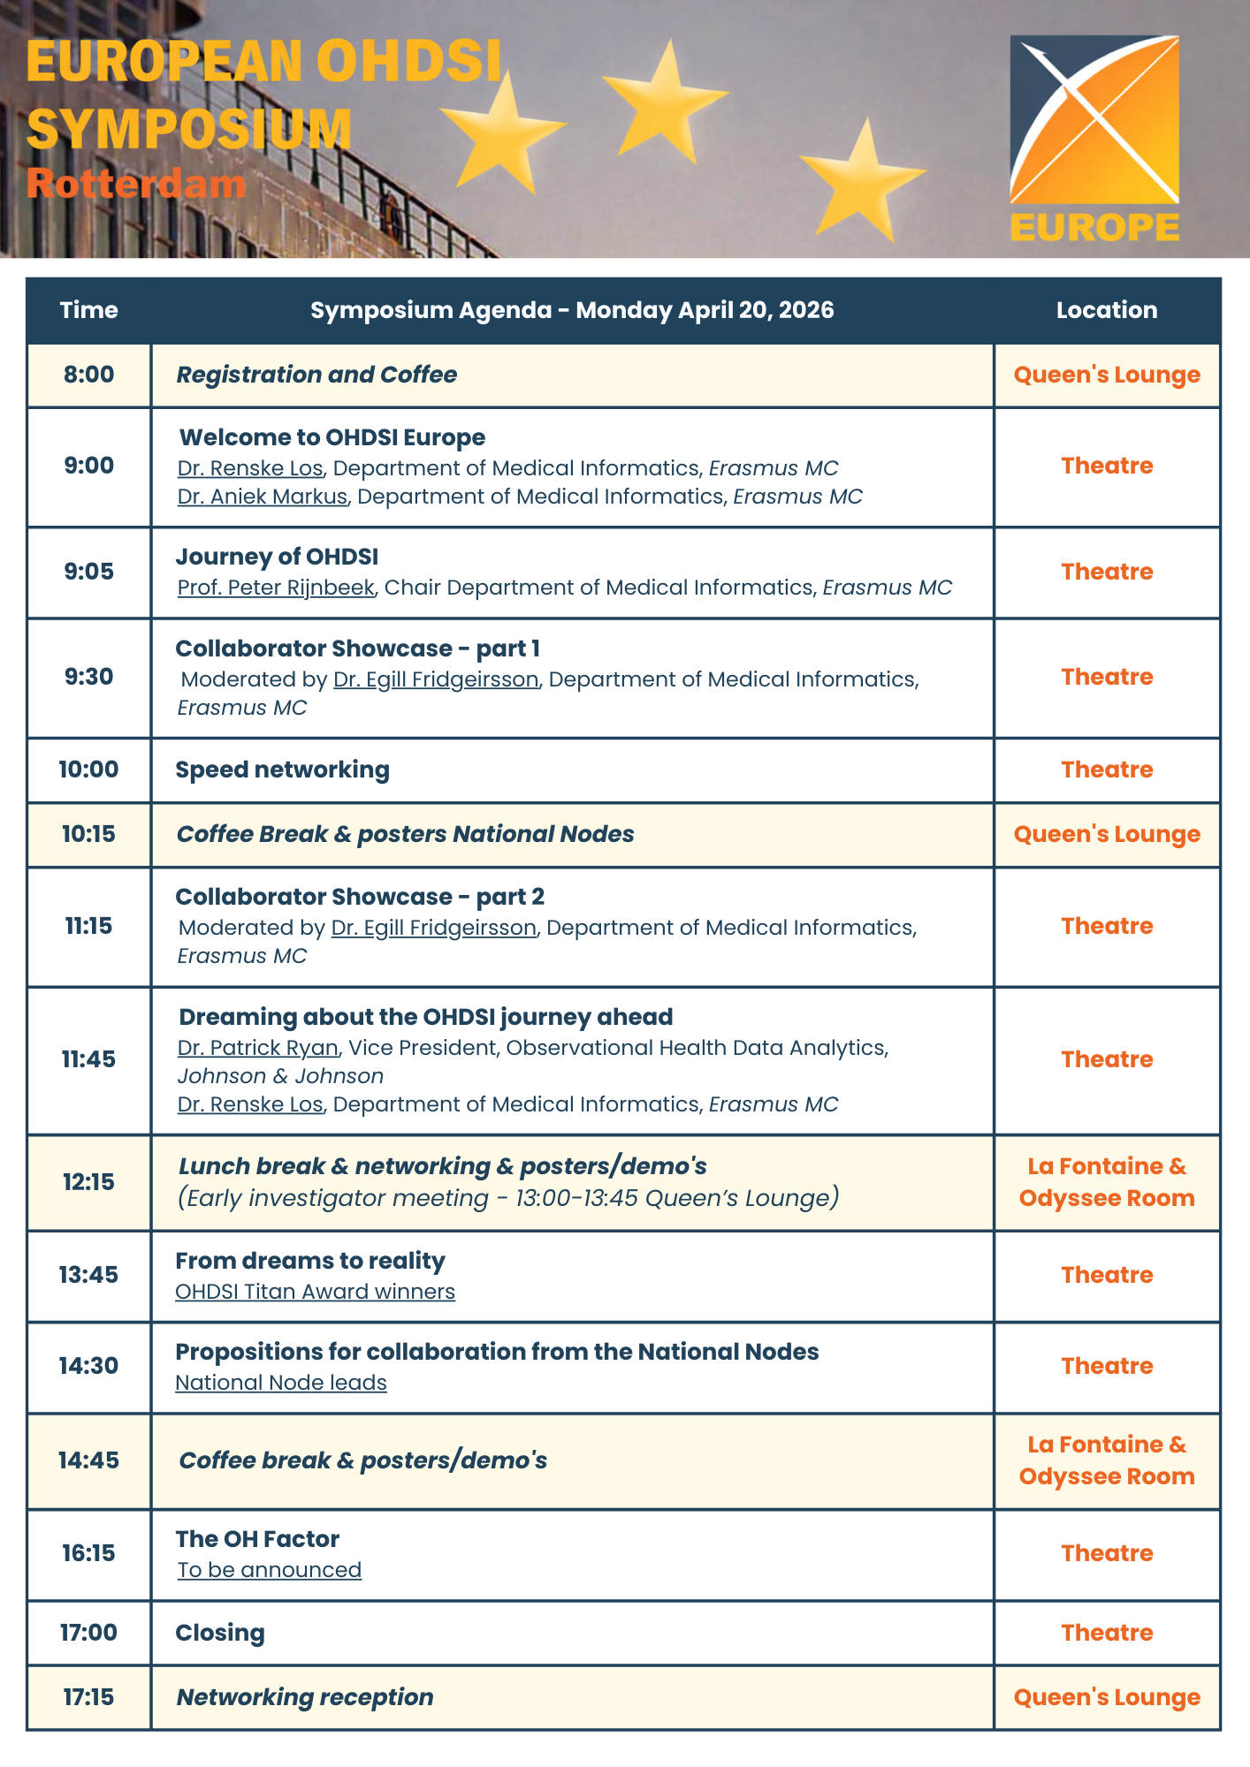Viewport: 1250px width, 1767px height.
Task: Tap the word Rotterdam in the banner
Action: tap(135, 184)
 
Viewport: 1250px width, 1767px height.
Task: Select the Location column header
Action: tap(1106, 310)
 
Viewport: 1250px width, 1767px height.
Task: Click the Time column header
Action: tap(88, 310)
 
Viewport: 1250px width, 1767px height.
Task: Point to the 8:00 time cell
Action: tap(88, 375)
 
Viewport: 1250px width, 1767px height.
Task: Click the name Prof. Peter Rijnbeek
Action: tap(276, 588)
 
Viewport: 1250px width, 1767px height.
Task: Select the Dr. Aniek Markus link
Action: tap(263, 497)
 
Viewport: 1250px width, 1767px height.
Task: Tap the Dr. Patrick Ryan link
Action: tap(258, 1048)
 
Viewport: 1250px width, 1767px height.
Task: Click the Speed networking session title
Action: tap(282, 770)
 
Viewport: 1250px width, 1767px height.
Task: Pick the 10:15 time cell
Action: tap(88, 834)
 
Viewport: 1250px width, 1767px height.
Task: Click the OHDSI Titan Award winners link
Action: tap(315, 1292)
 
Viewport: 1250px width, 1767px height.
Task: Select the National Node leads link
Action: tap(281, 1383)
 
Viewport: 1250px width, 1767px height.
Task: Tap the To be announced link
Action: tap(270, 1570)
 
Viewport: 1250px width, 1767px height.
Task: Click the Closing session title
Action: tap(220, 1633)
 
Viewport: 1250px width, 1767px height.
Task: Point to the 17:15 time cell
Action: tap(88, 1697)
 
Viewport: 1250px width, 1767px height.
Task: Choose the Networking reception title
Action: tap(305, 1697)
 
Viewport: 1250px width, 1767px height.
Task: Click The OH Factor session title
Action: tap(257, 1539)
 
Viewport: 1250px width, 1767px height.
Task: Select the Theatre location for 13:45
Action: tap(1107, 1275)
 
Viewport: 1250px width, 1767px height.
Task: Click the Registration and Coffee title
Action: tap(316, 375)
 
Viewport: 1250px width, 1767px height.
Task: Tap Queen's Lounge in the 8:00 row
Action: tap(1107, 375)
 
